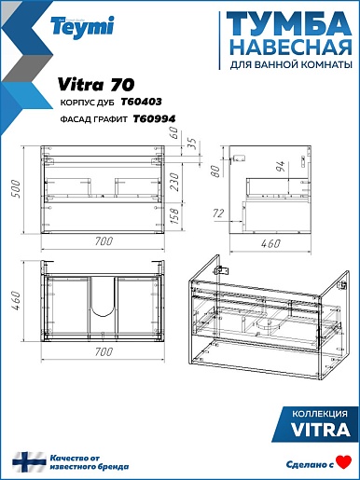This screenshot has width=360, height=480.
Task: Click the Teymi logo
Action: [82, 27]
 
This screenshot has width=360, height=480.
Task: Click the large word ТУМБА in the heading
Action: [289, 24]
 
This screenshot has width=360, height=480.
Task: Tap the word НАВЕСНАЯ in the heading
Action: [292, 48]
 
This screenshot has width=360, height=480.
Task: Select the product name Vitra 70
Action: [96, 84]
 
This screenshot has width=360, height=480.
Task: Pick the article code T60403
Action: [141, 102]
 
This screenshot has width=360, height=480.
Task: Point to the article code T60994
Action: [155, 118]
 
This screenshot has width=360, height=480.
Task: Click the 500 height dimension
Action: [15, 188]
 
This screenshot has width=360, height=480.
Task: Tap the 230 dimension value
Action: [174, 182]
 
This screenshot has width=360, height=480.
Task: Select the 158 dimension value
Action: [174, 216]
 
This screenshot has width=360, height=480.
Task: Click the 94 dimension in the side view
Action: [280, 168]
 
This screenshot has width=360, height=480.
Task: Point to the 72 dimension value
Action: [218, 213]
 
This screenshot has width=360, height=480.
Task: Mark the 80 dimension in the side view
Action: [215, 171]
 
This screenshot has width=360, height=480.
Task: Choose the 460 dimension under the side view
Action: [270, 243]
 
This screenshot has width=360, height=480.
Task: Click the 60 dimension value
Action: [175, 132]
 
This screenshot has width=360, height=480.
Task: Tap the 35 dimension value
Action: [193, 144]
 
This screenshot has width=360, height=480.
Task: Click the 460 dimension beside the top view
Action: [15, 300]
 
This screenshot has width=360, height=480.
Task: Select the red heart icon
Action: [344, 462]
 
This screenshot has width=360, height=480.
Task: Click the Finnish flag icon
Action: [29, 462]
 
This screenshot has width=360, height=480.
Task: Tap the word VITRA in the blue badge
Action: [321, 430]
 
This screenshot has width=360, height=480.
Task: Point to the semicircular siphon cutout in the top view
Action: [103, 310]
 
